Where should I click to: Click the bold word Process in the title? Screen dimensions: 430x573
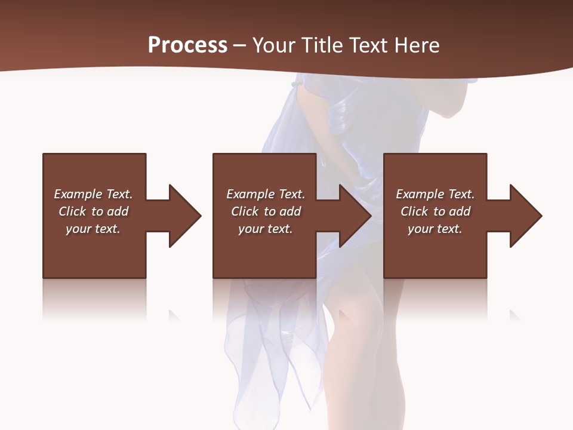tap(187, 45)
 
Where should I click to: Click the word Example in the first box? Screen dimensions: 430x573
tap(78, 194)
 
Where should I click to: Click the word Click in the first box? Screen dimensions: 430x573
tap(73, 211)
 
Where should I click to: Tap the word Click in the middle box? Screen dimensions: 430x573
tap(245, 211)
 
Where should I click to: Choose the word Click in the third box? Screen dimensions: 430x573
tap(415, 211)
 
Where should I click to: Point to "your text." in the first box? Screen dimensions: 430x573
tap(93, 229)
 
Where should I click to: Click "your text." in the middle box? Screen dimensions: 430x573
tap(266, 229)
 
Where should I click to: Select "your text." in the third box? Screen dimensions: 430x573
tap(435, 229)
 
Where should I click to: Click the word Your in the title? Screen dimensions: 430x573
tap(273, 45)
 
